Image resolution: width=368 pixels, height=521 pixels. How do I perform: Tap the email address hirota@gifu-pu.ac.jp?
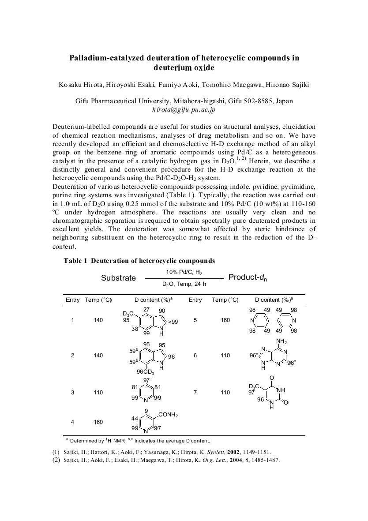[184, 109]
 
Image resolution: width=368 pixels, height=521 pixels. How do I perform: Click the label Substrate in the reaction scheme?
[118, 278]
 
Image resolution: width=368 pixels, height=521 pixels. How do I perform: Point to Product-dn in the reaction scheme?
[248, 277]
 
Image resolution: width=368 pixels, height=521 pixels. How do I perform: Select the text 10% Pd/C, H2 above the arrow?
[184, 272]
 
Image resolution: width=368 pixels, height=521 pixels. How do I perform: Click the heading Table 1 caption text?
[139, 261]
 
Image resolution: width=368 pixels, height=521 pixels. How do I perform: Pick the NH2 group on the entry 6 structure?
[281, 341]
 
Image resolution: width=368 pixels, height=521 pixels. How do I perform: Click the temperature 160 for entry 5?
[225, 320]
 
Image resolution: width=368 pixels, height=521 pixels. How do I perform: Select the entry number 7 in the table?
[195, 392]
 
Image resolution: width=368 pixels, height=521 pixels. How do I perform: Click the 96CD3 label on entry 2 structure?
[145, 371]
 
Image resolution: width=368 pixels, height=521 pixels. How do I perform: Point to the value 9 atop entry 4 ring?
[146, 411]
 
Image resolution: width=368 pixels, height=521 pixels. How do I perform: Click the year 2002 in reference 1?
[229, 452]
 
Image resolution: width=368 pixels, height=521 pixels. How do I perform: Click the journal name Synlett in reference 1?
[209, 452]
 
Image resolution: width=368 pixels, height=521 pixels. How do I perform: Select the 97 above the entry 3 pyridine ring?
[146, 380]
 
